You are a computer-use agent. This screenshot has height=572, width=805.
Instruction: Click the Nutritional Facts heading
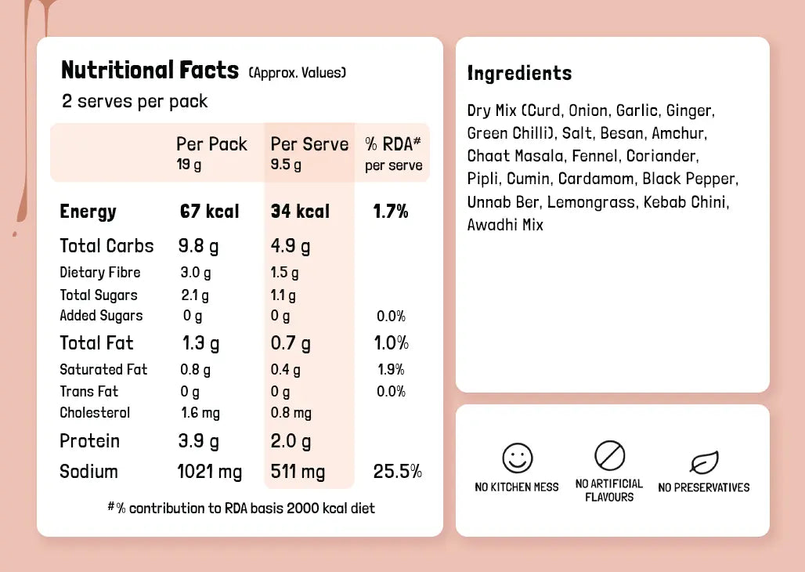click(x=150, y=71)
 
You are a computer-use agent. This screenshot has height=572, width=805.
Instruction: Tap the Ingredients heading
click(x=519, y=74)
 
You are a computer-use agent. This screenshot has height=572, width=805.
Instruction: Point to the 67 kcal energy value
click(x=209, y=212)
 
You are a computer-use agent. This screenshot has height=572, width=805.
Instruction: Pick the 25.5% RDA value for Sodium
click(x=397, y=472)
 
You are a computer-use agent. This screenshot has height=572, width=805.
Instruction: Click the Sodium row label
click(x=88, y=472)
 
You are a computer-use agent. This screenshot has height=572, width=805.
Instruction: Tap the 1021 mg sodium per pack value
click(x=210, y=472)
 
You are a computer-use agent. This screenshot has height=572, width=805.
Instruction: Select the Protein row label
click(x=89, y=441)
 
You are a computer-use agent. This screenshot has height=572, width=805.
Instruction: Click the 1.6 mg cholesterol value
click(x=200, y=413)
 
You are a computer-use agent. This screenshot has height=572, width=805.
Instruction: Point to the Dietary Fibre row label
click(x=100, y=273)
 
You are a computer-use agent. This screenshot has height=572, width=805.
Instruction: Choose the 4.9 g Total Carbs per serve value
click(x=291, y=246)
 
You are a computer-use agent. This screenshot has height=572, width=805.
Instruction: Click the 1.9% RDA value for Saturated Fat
click(x=391, y=370)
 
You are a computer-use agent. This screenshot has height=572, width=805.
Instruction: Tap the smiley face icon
click(x=517, y=458)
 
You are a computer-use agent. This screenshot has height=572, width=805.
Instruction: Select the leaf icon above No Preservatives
click(x=704, y=462)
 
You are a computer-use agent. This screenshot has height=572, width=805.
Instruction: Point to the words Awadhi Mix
click(x=505, y=226)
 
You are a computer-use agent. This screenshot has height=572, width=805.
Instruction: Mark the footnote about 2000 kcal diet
click(x=241, y=509)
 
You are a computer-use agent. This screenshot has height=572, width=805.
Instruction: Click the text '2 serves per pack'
click(x=135, y=101)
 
